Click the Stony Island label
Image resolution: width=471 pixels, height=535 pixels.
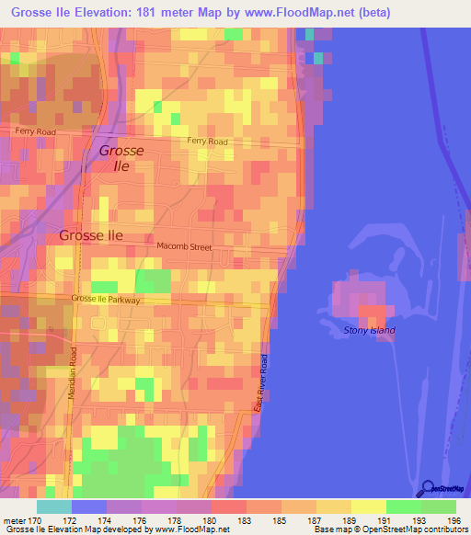[368, 330]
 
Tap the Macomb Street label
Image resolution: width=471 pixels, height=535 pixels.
[184, 247]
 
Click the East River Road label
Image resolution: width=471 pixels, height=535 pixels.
[261, 382]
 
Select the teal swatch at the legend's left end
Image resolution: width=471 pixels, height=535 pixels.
[53, 507]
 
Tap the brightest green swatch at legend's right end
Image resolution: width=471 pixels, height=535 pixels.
[438, 507]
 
